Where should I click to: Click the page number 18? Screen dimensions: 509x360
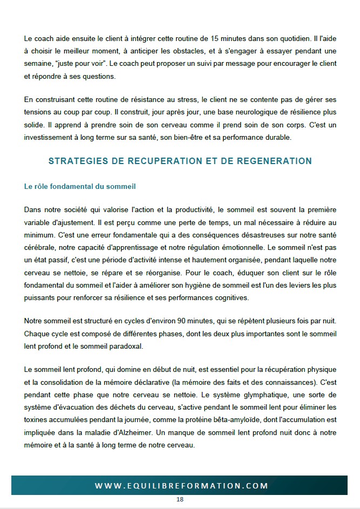[x=180, y=499]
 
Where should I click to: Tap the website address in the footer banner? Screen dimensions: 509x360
[x=181, y=486]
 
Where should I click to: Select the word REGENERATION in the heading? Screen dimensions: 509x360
[x=266, y=161]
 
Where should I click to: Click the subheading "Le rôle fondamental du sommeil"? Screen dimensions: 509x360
[x=80, y=187]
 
